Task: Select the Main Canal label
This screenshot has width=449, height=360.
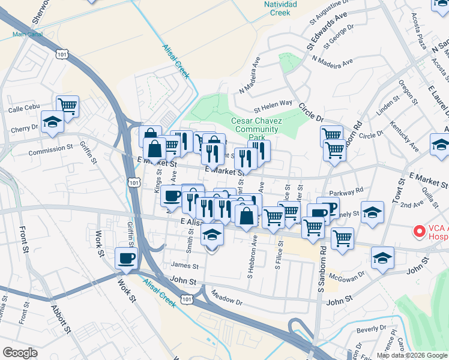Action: (26, 34)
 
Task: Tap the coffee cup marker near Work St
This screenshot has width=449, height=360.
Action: (126, 258)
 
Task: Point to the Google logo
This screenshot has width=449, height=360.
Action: (20, 353)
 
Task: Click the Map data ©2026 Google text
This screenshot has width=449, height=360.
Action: (411, 355)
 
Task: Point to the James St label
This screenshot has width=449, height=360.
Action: (184, 265)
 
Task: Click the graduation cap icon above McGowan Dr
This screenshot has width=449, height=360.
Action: (382, 258)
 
